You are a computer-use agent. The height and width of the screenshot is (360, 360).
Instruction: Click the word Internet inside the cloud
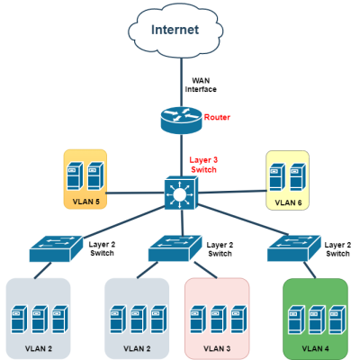[175, 30]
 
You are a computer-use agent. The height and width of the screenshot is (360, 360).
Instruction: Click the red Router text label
[217, 118]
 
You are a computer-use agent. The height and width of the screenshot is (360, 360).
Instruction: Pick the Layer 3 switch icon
[178, 193]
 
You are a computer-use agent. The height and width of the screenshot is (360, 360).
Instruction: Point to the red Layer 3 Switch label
[203, 165]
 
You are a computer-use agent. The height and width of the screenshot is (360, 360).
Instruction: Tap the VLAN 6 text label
[287, 202]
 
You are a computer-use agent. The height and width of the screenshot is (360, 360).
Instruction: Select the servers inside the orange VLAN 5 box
[85, 175]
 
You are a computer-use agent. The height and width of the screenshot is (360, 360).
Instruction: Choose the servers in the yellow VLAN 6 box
[287, 175]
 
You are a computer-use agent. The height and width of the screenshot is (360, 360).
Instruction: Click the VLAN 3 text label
[217, 348]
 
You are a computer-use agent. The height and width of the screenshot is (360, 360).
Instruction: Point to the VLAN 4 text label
[315, 348]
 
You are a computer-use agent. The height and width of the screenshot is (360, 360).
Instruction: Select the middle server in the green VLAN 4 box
[315, 319]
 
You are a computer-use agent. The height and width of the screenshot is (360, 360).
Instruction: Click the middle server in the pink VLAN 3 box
[217, 319]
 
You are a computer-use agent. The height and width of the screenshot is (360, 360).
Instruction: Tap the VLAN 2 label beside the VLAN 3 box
[137, 348]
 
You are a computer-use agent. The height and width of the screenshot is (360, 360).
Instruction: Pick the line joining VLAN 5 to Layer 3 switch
[135, 192]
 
